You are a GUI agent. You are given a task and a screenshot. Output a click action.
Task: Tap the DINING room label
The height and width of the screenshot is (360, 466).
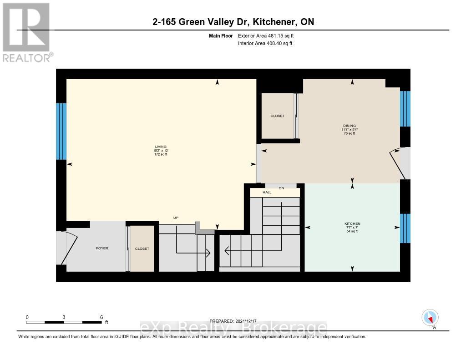(x=349, y=126)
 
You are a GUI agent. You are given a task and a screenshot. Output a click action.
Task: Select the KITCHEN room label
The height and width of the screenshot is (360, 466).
(x=352, y=223)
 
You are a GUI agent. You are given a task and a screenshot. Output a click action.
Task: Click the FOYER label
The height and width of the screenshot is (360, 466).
(x=102, y=248)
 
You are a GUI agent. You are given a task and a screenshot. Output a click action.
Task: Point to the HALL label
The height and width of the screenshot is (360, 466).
(x=267, y=193)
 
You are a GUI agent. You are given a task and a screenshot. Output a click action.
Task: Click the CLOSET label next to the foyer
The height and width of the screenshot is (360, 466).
(x=142, y=248)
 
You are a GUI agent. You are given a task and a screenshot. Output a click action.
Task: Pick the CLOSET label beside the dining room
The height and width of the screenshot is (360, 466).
(x=277, y=116)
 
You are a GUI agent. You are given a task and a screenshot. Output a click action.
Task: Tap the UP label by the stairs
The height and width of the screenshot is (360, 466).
(x=176, y=218)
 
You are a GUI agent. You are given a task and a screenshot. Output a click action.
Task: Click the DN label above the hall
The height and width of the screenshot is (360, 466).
(x=281, y=188)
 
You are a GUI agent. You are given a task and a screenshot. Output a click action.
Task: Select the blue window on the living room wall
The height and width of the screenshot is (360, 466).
(x=61, y=131)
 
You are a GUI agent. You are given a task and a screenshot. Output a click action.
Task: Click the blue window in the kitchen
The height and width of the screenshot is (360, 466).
(x=405, y=228)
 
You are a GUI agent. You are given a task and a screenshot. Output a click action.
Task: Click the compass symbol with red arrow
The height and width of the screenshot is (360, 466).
(x=430, y=317)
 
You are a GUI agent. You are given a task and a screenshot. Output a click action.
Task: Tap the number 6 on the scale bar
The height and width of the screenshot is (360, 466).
(x=101, y=317)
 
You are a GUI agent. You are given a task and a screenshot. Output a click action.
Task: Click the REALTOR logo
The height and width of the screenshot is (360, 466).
(x=27, y=32)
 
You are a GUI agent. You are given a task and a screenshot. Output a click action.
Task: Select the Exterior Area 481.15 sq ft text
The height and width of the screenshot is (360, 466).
(x=269, y=35)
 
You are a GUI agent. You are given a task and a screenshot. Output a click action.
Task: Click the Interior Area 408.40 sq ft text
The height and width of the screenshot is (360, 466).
(x=265, y=44)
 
